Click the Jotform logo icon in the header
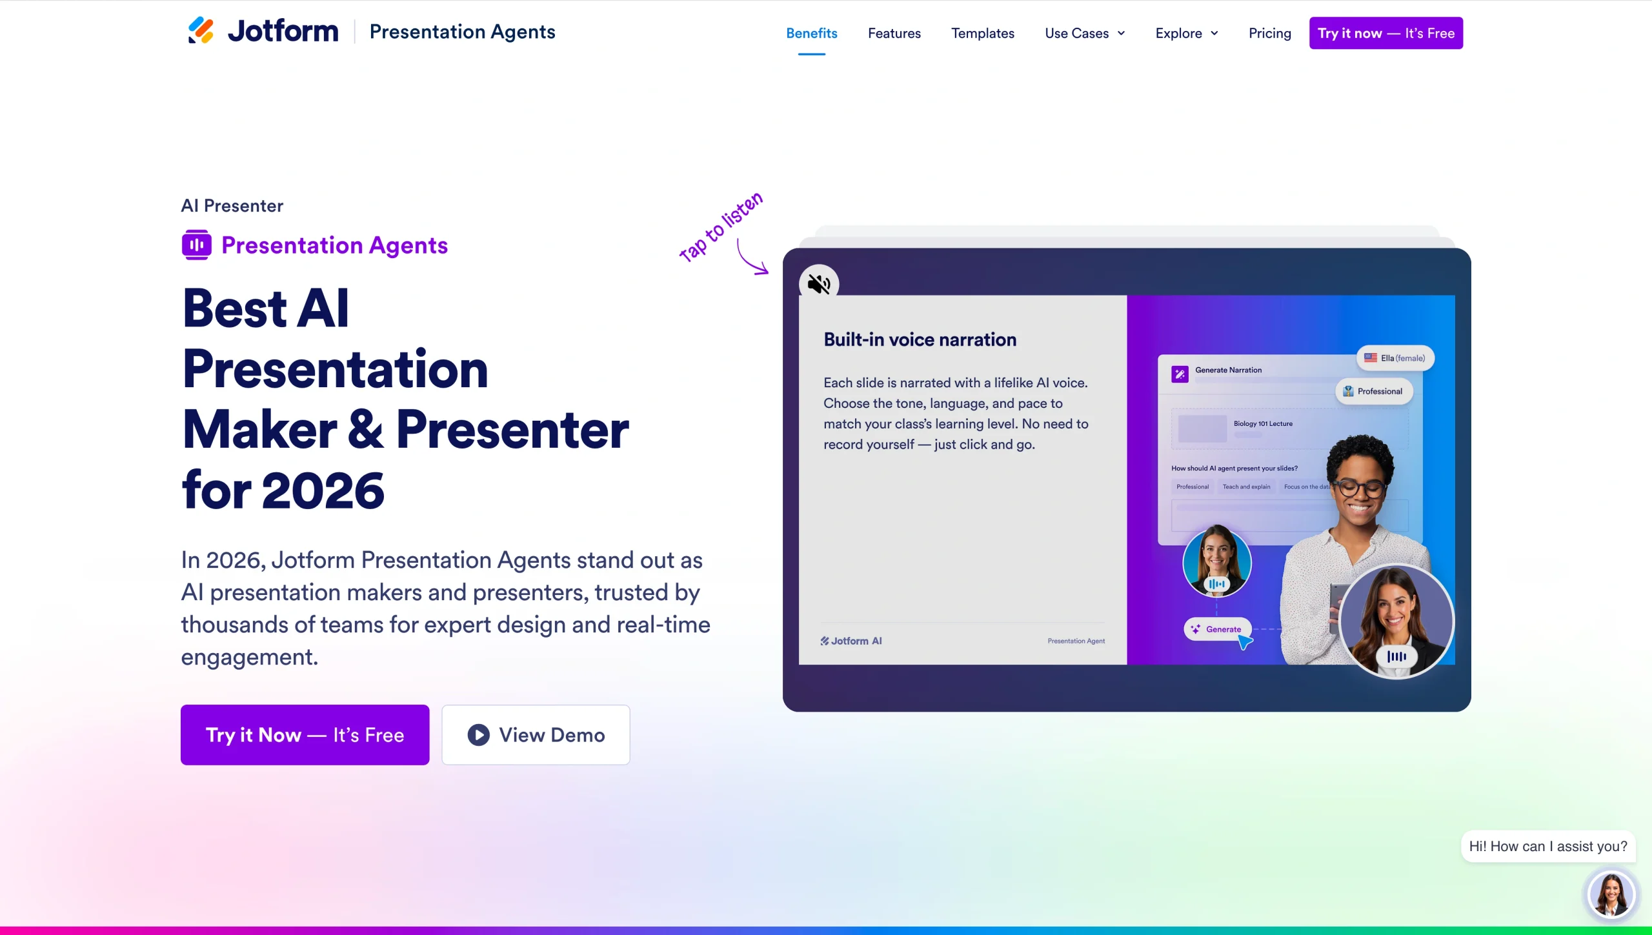click(201, 31)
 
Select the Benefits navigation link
click(811, 34)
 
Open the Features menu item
click(894, 34)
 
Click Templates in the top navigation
click(982, 34)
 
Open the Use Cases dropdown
click(1084, 34)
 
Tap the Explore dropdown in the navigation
click(1186, 34)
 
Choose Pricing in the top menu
click(1269, 34)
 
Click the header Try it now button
click(1385, 34)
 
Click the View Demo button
click(536, 735)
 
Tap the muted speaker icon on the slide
click(819, 284)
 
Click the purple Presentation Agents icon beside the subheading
click(196, 245)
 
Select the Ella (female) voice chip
click(1395, 358)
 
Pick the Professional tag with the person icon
click(1374, 391)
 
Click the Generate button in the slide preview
click(1217, 629)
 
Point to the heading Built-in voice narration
click(920, 340)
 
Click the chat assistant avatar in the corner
click(1611, 894)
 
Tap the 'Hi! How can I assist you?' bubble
click(1547, 847)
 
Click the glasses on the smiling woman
click(1360, 488)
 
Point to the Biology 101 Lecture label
click(1262, 424)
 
